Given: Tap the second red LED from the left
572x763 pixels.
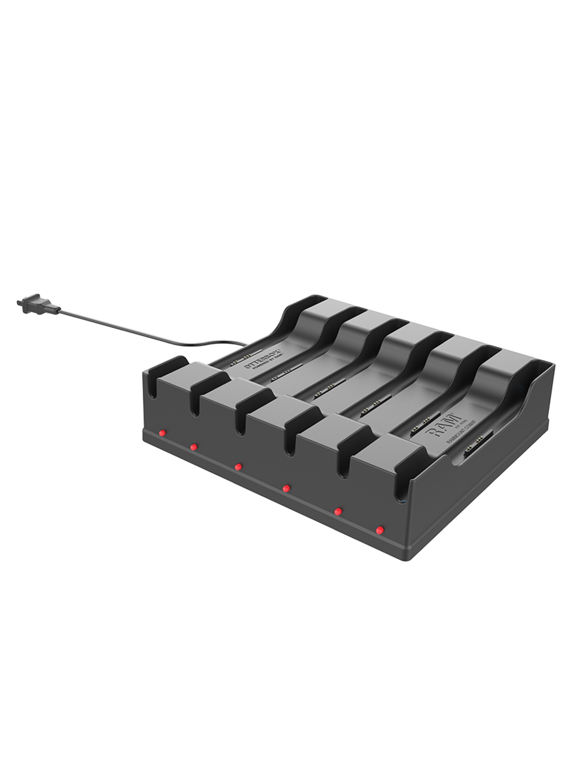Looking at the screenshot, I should (x=193, y=447).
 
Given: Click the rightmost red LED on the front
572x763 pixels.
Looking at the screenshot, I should (x=379, y=530).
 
